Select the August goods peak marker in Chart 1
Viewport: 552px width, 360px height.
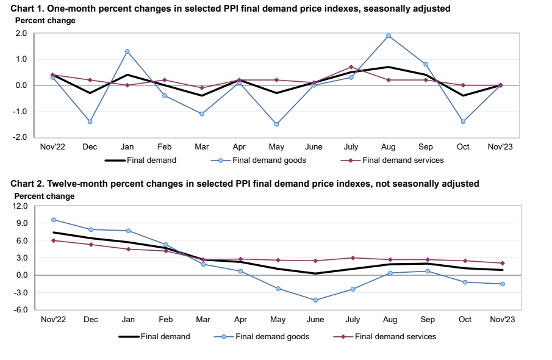(388, 35)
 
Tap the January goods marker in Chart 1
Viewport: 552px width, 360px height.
(127, 51)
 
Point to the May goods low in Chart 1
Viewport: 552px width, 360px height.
(277, 124)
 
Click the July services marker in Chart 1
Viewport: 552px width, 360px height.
(351, 67)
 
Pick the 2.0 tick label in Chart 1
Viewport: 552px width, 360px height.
(21, 34)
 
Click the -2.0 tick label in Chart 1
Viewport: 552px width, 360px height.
(20, 137)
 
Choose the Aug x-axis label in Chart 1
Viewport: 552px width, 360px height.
(389, 147)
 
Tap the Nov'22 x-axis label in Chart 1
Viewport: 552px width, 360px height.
(52, 147)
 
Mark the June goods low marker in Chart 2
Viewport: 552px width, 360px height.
(315, 300)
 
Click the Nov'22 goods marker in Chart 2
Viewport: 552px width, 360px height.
(54, 220)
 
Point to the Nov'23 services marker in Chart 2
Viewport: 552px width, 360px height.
(503, 263)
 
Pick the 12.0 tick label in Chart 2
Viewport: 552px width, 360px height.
(21, 206)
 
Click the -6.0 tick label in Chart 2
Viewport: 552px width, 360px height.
(21, 310)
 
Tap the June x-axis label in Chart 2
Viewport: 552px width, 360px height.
(315, 320)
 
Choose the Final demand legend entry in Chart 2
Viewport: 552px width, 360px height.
(165, 336)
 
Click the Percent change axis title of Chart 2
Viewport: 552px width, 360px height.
(45, 196)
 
